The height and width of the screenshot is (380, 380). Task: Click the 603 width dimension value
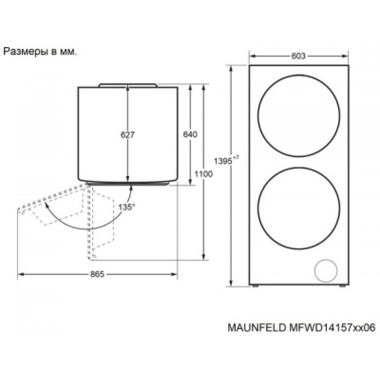(299, 56)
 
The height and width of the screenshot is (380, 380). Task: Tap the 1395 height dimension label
(223, 161)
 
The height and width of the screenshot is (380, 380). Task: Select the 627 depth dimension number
(128, 135)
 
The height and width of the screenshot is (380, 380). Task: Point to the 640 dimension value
(190, 134)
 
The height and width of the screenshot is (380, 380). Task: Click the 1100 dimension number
(203, 174)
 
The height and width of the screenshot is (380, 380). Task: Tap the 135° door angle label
(127, 207)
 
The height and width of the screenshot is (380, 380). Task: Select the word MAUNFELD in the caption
(256, 328)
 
